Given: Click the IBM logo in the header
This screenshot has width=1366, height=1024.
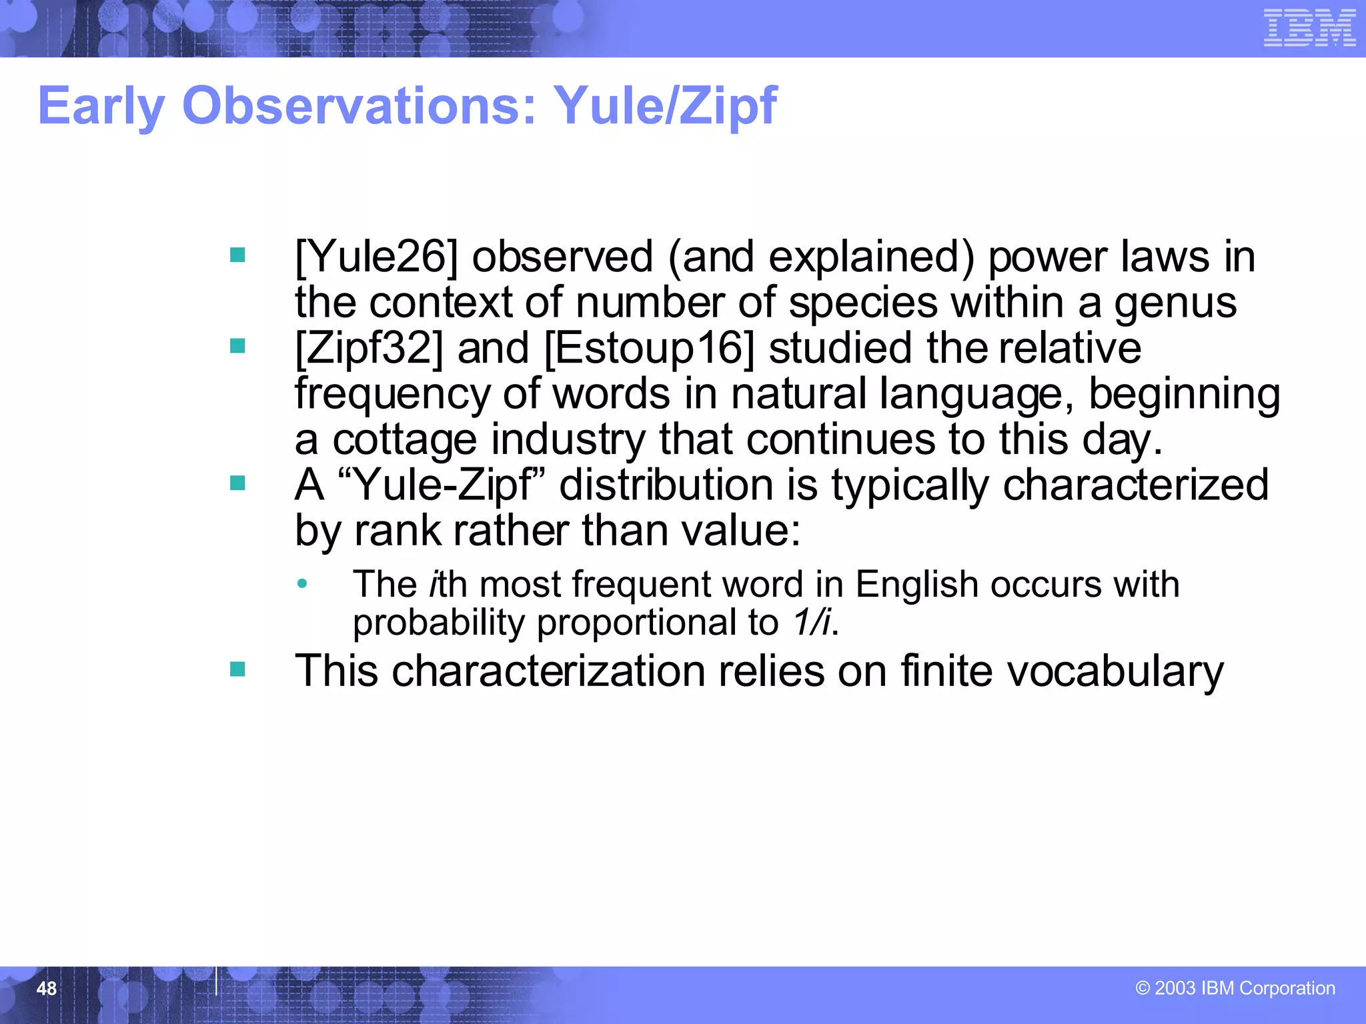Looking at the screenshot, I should (1309, 28).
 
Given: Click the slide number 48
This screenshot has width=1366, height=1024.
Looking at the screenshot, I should (47, 989).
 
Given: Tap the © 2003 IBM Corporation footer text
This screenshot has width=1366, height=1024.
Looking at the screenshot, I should (1235, 988).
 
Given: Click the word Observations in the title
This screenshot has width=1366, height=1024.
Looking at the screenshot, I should (359, 107).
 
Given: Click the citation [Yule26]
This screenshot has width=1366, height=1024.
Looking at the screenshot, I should (377, 257).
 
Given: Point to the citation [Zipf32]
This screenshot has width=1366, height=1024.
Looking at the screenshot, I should (369, 349).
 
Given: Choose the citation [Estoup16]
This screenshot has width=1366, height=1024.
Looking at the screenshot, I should (650, 349).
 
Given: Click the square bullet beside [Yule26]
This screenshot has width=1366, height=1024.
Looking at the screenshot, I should (237, 255).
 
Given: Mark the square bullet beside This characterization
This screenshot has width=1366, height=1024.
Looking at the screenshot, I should (237, 669).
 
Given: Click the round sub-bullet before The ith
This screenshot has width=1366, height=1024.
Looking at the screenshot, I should (302, 584).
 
